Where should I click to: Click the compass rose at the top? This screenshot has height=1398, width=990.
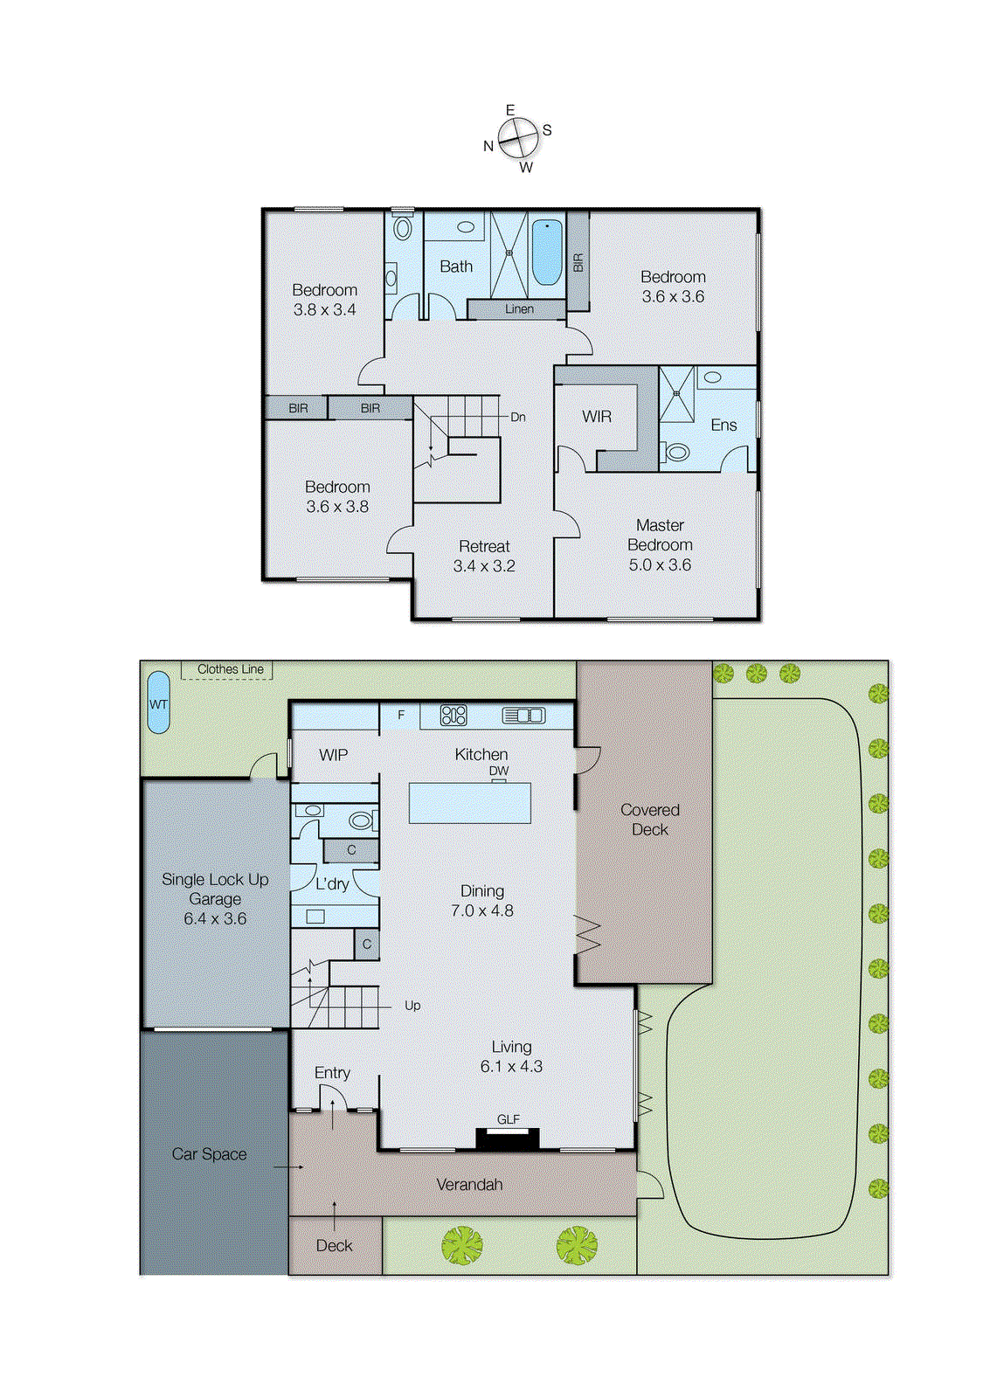pyautogui.click(x=517, y=138)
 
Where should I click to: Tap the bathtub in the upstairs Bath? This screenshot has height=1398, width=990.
pyautogui.click(x=547, y=252)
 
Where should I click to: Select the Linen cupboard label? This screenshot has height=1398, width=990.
pyautogui.click(x=519, y=309)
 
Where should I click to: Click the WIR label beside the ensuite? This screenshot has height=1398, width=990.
pyautogui.click(x=597, y=417)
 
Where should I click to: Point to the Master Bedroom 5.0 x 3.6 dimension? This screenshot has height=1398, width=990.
pyautogui.click(x=660, y=565)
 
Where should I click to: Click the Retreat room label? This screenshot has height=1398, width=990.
pyautogui.click(x=484, y=547)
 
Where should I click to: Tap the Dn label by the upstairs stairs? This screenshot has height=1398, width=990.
pyautogui.click(x=518, y=418)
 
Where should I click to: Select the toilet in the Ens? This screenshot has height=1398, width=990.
pyautogui.click(x=675, y=453)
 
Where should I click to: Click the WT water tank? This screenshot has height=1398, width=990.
pyautogui.click(x=158, y=702)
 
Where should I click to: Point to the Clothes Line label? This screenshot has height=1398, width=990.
pyautogui.click(x=230, y=669)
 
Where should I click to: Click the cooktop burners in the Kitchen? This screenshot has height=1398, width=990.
pyautogui.click(x=453, y=716)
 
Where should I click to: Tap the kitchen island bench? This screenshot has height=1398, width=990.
pyautogui.click(x=469, y=803)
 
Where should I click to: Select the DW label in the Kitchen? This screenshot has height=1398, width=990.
pyautogui.click(x=498, y=771)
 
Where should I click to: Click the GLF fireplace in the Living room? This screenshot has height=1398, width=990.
pyautogui.click(x=507, y=1138)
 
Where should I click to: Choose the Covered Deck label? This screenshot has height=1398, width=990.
pyautogui.click(x=649, y=820)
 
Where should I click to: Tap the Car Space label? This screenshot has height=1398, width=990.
pyautogui.click(x=209, y=1154)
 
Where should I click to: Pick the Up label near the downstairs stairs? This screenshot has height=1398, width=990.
pyautogui.click(x=412, y=1006)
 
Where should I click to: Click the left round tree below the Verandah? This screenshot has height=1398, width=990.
pyautogui.click(x=461, y=1245)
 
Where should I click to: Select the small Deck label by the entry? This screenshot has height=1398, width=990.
pyautogui.click(x=334, y=1246)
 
